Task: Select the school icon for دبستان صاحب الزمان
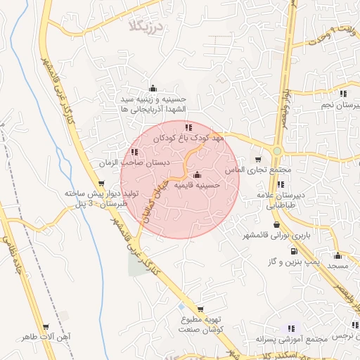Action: coord(134,152)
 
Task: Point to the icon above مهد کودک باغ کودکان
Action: coord(188,127)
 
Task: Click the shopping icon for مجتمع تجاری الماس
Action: coord(257,160)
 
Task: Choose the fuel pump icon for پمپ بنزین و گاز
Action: coord(293,251)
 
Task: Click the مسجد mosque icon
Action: coord(338,256)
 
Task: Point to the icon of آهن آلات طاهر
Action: coord(46,328)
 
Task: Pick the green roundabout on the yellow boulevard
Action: coord(278,150)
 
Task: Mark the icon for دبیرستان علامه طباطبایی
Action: coord(281,184)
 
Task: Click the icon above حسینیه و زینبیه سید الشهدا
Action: coord(153,89)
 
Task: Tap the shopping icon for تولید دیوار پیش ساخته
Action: coord(103,184)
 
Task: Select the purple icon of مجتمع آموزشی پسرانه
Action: coord(292,328)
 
